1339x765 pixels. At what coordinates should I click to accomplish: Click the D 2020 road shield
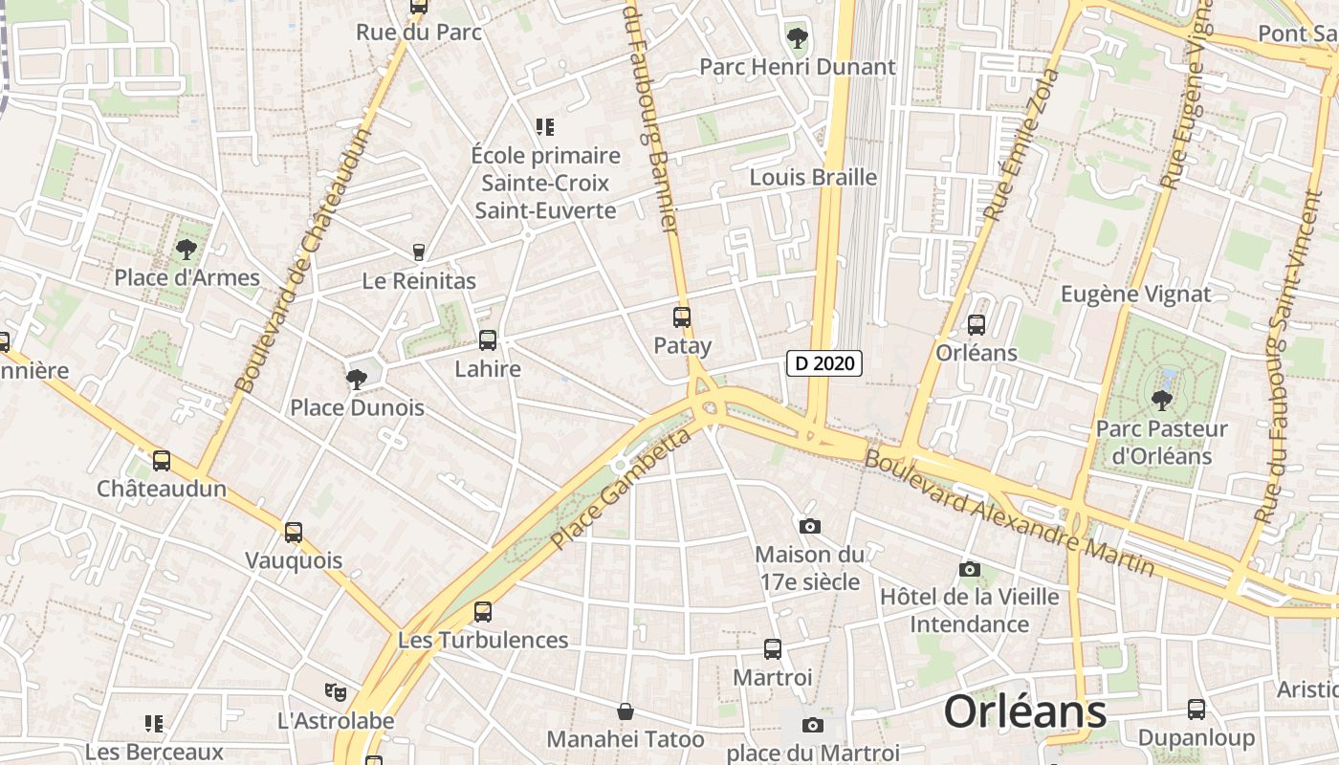[824, 363]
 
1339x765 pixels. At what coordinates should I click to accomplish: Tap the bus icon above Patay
[682, 317]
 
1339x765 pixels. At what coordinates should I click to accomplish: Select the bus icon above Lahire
[488, 339]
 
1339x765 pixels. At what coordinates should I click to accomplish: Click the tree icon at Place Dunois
[357, 380]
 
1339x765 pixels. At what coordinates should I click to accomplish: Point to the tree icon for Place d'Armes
[187, 251]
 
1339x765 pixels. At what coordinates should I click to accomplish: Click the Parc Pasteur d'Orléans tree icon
[1162, 400]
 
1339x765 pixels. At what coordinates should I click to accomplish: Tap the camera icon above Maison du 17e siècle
[810, 526]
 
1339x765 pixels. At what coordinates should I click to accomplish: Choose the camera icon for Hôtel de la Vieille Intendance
[969, 569]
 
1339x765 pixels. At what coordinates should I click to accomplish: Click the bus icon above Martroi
[773, 649]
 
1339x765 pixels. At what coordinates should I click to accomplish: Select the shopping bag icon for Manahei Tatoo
[626, 711]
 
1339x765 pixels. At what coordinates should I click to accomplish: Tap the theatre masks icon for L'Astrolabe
[335, 691]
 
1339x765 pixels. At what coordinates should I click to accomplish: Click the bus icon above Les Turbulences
[483, 612]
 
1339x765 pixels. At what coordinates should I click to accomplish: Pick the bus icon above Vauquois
[294, 533]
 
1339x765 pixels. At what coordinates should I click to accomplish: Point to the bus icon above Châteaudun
[162, 461]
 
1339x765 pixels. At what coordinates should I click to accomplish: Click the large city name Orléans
[1025, 712]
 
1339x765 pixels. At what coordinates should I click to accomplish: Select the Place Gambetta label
[621, 490]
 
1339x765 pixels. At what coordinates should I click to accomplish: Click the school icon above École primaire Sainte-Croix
[545, 127]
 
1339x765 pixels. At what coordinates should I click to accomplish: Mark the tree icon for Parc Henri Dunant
[797, 39]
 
